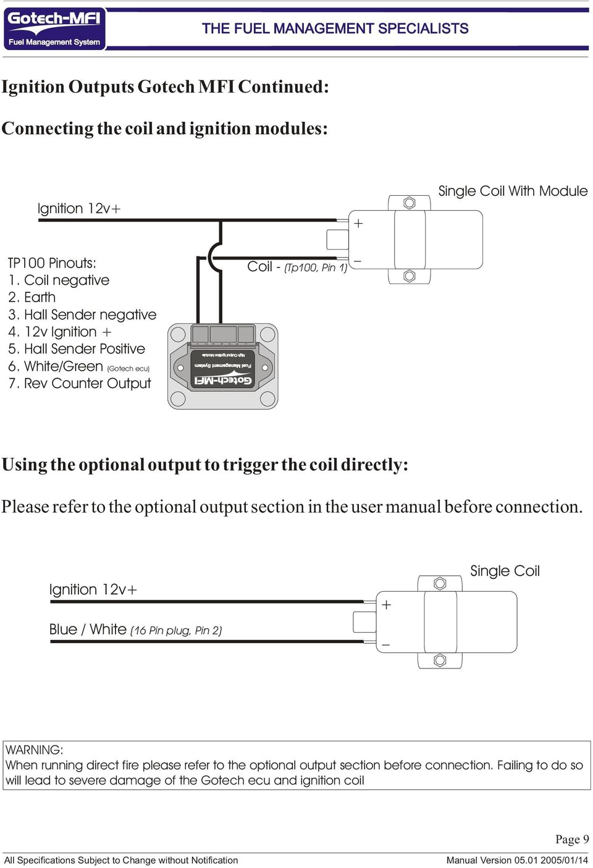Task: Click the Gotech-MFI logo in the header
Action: pos(54,28)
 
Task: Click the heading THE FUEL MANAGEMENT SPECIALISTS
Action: pos(335,28)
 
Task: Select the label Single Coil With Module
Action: pos(512,191)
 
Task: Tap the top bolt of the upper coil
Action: pos(409,203)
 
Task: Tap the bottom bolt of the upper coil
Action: pos(409,276)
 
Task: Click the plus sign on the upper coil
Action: pos(358,223)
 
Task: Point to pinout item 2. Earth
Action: pos(32,297)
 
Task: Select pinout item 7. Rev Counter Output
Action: pos(80,384)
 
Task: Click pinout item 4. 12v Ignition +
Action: pos(60,332)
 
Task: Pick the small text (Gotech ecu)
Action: pos(128,369)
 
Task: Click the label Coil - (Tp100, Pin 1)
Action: pos(297,267)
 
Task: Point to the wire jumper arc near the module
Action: pos(213,256)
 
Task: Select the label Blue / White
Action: pos(88,630)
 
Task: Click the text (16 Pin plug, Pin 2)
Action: pos(176,631)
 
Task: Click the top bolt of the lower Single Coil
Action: pos(440,583)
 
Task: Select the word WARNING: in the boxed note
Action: pos(35,750)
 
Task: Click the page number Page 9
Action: pos(571,839)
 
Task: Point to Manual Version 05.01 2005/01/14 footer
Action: pos(517,860)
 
